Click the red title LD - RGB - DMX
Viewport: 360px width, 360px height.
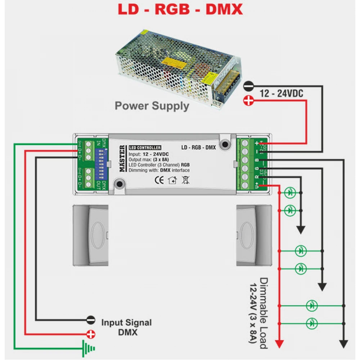point(180,9)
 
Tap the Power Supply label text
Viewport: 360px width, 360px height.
point(152,106)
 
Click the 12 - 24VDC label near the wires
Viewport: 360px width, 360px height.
point(282,94)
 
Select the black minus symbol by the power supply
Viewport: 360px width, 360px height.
point(248,86)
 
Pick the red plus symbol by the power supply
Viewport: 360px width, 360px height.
point(248,102)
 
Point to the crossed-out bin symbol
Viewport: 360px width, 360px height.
point(185,180)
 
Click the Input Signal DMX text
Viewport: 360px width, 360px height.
point(126,327)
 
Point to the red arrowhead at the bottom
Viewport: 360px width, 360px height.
point(279,344)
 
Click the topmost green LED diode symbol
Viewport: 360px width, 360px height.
point(290,193)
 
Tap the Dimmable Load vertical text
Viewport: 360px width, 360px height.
point(259,313)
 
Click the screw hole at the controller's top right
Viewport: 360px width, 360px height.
point(226,144)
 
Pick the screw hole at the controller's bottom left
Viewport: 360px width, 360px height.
point(118,185)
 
